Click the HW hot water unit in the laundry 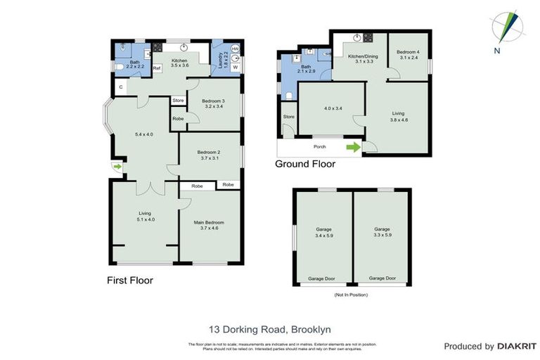[235, 49]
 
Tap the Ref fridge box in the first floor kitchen [156, 67]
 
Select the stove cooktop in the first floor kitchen [157, 49]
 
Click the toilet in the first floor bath [120, 67]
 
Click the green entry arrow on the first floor [116, 167]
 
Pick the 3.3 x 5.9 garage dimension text [382, 236]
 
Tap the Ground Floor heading [305, 164]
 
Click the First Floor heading [130, 280]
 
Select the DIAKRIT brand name [517, 346]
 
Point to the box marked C [121, 86]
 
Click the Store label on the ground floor [288, 116]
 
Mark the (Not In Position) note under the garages [351, 294]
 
